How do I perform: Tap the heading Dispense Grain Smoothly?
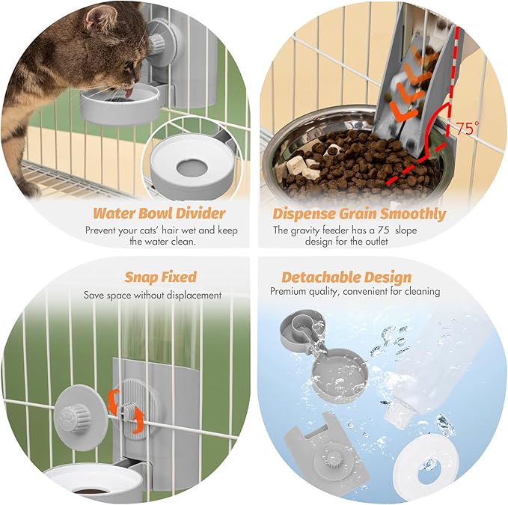(359, 214)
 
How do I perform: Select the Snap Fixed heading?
(159, 277)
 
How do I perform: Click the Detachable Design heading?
(346, 277)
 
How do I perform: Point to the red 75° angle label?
(465, 129)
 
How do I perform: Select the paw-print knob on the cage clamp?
(75, 410)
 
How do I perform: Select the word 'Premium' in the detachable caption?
(289, 291)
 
